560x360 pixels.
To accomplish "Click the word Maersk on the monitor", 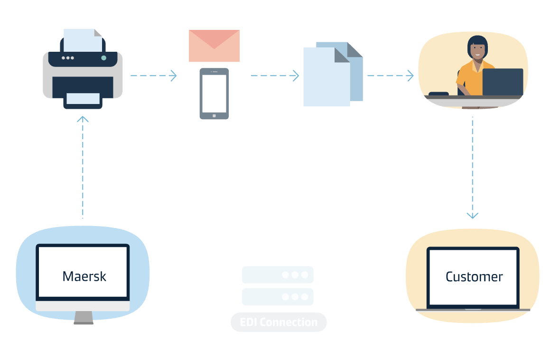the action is tap(84, 276).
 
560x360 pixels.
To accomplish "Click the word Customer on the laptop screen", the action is tap(474, 277).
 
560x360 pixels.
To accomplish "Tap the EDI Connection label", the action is tap(279, 322).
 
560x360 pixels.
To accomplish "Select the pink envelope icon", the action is tap(215, 46).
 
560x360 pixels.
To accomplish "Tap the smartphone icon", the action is tap(215, 94).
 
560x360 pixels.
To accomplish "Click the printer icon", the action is tap(83, 69).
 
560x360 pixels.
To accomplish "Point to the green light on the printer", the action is tap(103, 58).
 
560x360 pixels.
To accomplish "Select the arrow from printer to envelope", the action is tap(154, 76).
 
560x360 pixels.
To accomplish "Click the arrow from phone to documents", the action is tap(275, 76).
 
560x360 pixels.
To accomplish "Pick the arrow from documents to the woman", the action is tap(391, 76).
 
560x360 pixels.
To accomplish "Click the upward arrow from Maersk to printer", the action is tap(83, 167).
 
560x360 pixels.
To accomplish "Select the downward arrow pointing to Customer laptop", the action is tap(473, 168).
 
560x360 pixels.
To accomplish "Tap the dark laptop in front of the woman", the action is tap(503, 82).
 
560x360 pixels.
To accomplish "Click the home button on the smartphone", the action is tap(215, 116).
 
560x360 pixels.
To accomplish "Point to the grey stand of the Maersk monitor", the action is tap(84, 318).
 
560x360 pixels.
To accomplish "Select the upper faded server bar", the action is tap(278, 275).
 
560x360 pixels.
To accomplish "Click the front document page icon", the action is tap(327, 77).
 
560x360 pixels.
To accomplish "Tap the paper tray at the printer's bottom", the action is tap(83, 99).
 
